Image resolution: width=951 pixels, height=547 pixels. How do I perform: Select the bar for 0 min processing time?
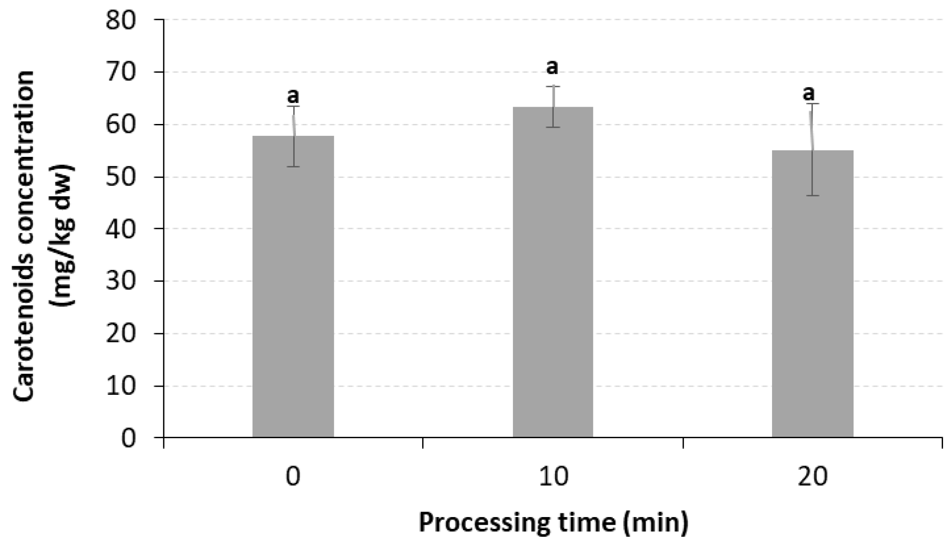[x=293, y=287]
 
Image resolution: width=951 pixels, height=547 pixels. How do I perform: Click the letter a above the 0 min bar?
[x=293, y=96]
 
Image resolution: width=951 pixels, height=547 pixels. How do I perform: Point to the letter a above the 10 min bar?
[x=552, y=67]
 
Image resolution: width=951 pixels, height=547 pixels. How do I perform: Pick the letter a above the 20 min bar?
[x=808, y=93]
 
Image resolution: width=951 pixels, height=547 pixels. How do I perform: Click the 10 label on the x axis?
[x=554, y=477]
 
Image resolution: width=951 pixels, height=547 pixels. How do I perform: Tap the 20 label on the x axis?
[x=813, y=477]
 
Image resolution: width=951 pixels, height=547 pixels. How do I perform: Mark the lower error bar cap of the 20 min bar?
[x=813, y=196]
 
